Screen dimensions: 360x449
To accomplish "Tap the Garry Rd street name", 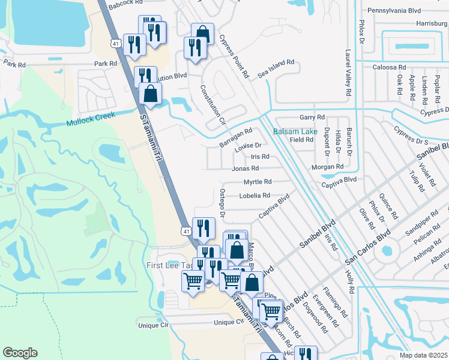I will [x=312, y=117].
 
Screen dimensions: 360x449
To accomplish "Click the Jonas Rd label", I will [x=245, y=169].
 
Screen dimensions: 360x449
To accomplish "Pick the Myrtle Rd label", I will [x=258, y=182].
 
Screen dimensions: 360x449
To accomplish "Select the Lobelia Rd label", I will [x=255, y=196].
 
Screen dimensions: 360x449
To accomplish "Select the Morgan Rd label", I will [x=327, y=166].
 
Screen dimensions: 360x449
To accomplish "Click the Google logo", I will [x=20, y=353].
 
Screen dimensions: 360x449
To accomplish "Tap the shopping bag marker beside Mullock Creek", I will [x=150, y=94].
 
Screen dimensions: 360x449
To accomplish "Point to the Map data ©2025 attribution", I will [x=424, y=355].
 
